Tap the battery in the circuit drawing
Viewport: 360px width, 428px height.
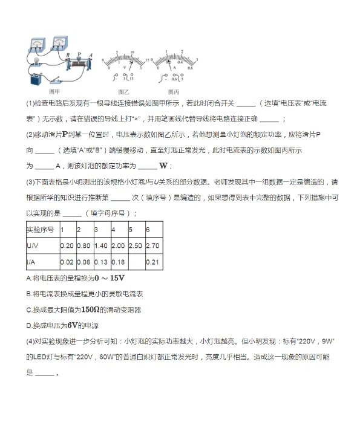[x=34, y=79]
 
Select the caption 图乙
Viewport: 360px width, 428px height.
[x=123, y=91]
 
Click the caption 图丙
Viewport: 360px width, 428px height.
[x=174, y=91]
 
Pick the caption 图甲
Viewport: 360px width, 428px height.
[x=54, y=91]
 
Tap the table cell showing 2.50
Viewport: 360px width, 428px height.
[x=136, y=246]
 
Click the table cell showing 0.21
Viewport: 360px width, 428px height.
[x=152, y=262]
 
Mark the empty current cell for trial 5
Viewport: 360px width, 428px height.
[x=136, y=262]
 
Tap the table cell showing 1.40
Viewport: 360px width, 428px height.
[x=100, y=246]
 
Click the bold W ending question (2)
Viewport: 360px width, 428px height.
[x=162, y=166]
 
